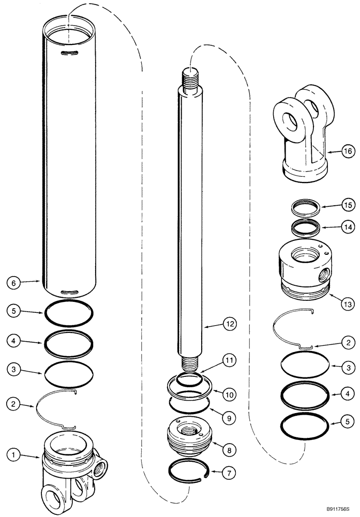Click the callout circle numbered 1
pyautogui.click(x=14, y=455)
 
